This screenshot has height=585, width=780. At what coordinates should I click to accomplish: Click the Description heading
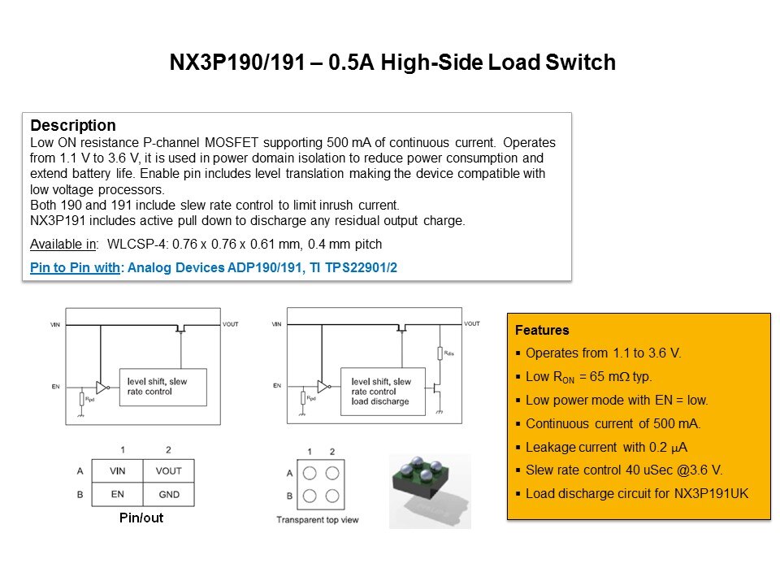72,126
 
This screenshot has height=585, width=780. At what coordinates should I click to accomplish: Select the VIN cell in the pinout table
117,471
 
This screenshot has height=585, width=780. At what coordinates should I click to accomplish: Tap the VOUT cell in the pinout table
168,471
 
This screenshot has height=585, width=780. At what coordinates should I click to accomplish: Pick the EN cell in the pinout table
117,494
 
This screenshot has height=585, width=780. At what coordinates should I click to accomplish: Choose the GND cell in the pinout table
168,494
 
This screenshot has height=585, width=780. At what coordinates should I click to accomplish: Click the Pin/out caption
141,518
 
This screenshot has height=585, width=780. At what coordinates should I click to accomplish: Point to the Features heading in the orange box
542,331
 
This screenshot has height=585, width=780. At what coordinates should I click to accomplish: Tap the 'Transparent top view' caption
317,520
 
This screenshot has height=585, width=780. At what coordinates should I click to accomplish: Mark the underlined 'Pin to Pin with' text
75,267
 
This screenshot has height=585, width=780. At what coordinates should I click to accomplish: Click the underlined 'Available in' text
61,245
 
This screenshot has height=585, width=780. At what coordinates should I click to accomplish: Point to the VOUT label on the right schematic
472,323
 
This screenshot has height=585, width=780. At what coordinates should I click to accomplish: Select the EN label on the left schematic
56,386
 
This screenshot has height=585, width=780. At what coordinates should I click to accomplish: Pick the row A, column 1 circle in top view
310,473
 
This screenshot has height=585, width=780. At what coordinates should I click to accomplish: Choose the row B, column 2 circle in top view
331,495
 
